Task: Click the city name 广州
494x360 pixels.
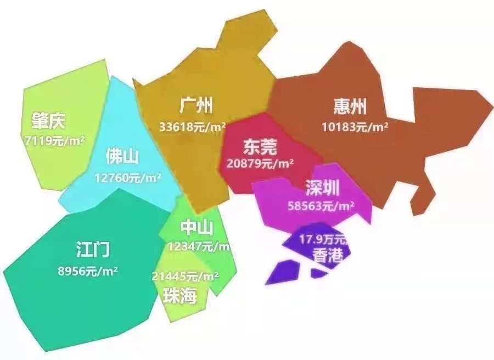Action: coord(196,105)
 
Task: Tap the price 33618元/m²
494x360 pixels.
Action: coord(193,127)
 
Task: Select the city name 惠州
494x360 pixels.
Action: coord(350,106)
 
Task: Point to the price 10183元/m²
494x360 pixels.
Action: coord(355,127)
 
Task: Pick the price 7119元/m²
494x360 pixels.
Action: coord(55,140)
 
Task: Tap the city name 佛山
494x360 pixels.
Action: coord(122,157)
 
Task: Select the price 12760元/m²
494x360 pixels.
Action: coord(127,178)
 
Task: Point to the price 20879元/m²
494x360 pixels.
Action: coord(260,164)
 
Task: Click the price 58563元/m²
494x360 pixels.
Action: coord(321,206)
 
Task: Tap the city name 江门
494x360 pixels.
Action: coord(93,250)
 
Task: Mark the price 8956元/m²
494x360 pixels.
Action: coord(88,271)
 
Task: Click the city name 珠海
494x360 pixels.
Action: coord(179,296)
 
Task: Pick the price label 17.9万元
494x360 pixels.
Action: coord(323,239)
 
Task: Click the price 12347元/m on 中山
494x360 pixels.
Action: coord(199,246)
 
